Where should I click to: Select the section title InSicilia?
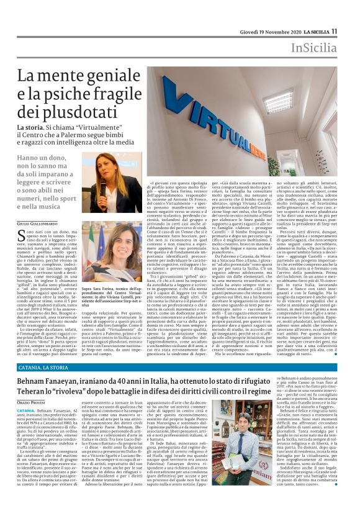click(312, 48)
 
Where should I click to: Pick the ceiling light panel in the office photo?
click(279, 99)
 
